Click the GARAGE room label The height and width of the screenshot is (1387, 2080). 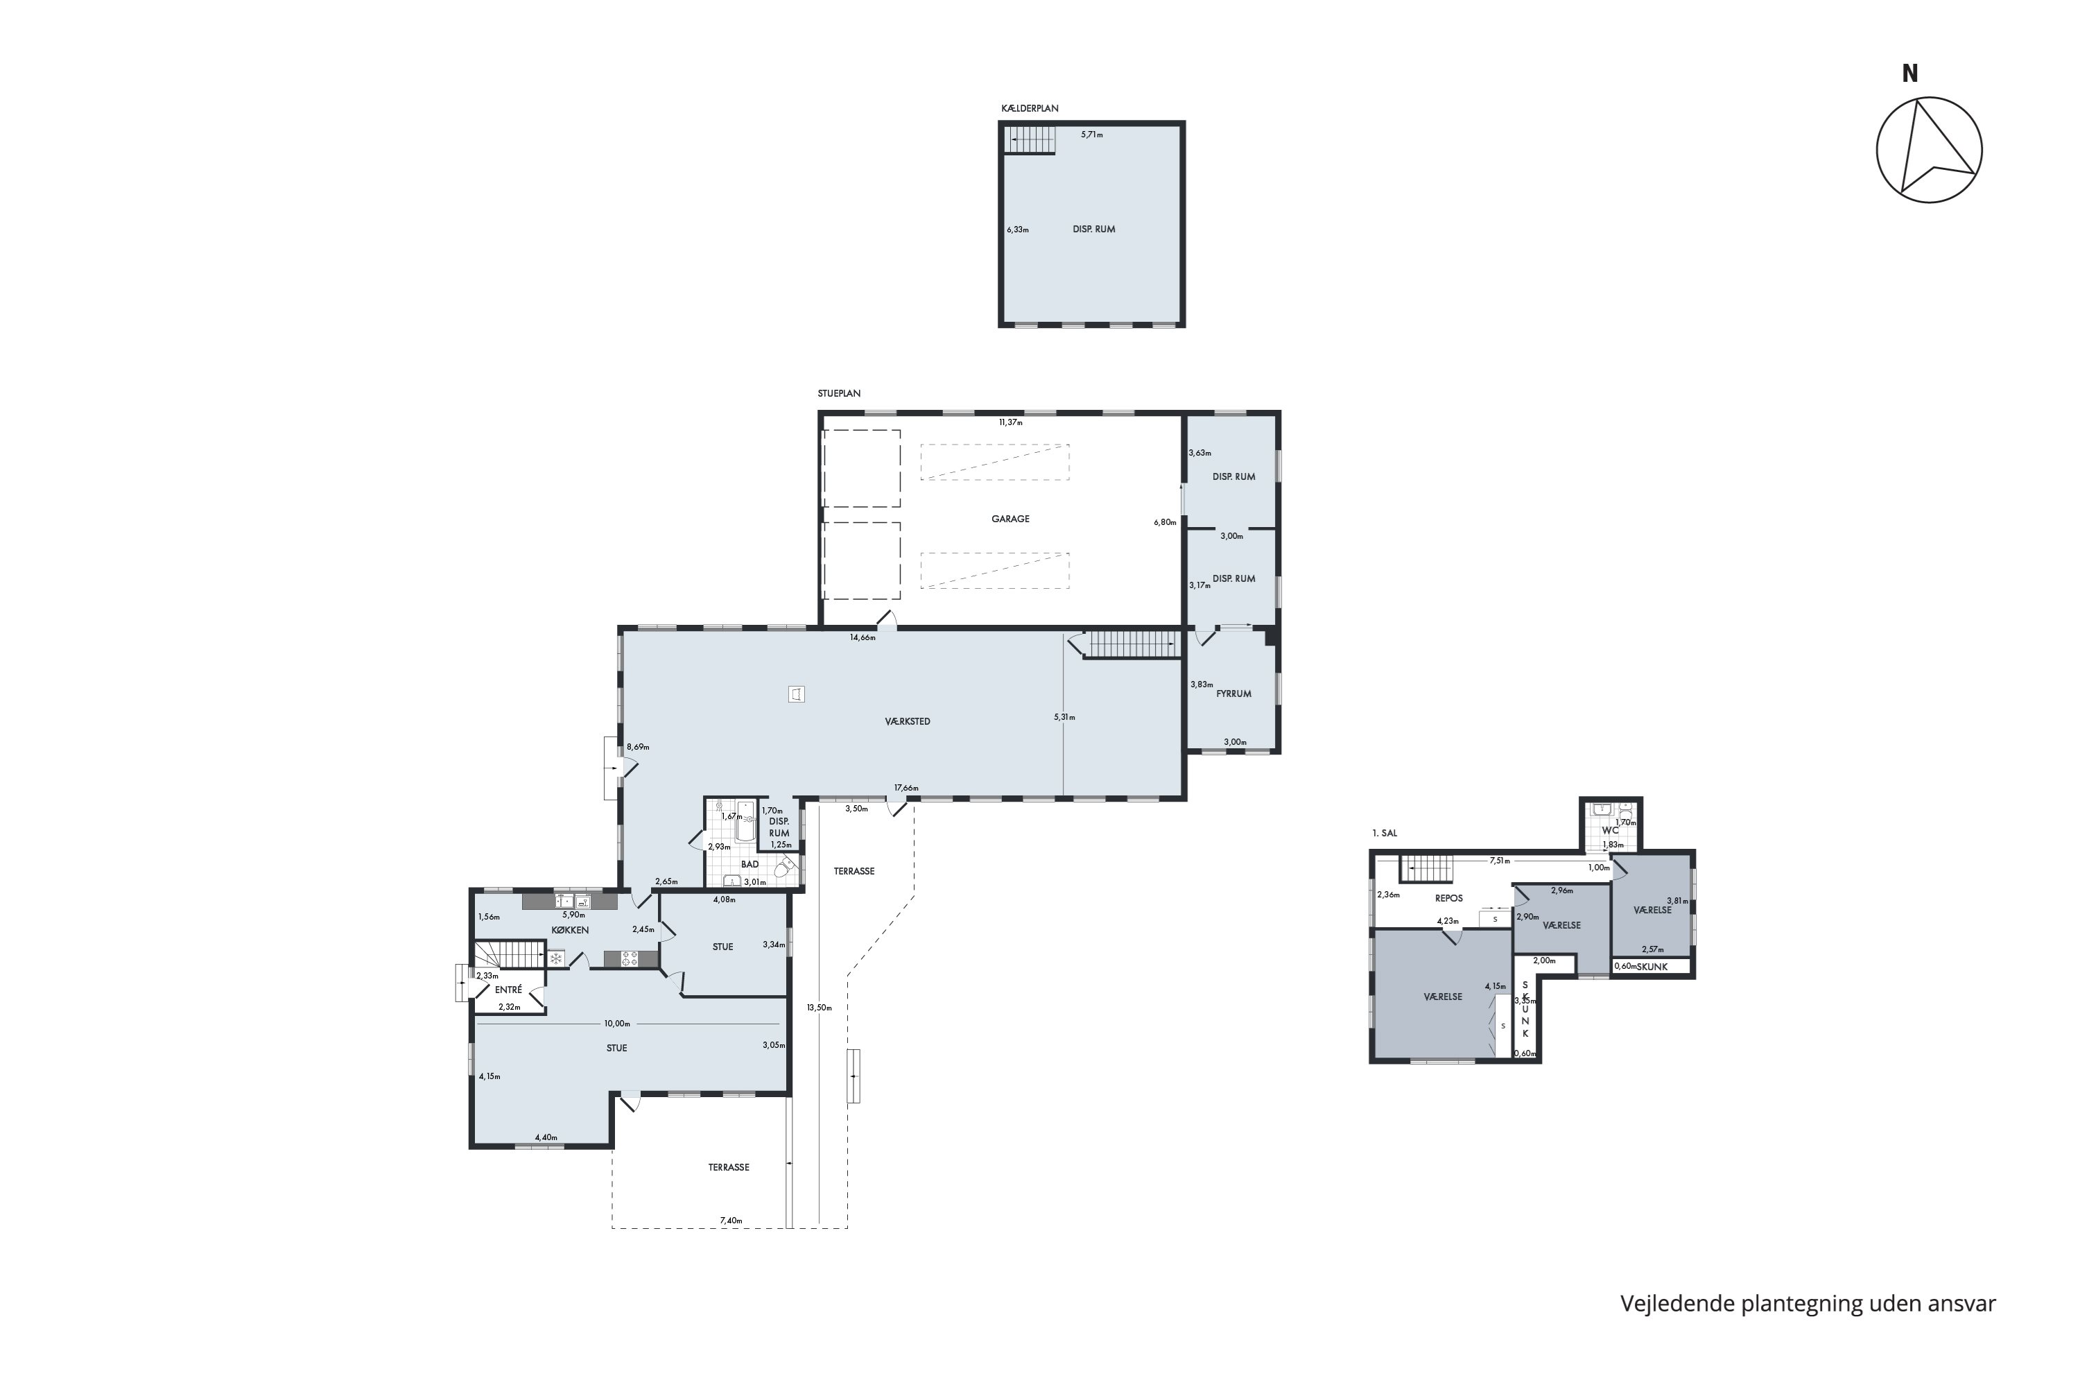[1010, 519]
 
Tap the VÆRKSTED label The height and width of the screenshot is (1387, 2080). [908, 722]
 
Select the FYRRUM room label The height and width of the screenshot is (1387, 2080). [1233, 694]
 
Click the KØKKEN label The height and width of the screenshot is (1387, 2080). [571, 930]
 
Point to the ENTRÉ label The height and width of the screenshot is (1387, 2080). [508, 990]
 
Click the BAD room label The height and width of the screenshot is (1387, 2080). [750, 864]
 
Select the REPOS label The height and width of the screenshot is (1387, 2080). [1448, 898]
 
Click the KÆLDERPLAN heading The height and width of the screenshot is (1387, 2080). [1030, 109]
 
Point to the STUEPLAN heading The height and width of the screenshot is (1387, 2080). [839, 394]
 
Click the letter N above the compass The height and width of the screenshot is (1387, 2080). [1910, 74]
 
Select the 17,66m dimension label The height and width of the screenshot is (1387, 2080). [906, 788]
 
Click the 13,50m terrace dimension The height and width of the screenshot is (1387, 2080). [819, 1007]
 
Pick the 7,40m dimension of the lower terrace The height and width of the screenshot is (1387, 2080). [731, 1221]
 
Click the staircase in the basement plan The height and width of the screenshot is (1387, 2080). [1030, 140]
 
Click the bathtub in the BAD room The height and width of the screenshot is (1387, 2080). [745, 821]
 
